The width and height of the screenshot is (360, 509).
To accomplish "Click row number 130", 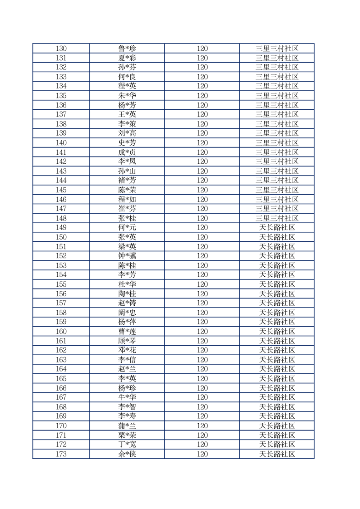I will click(61, 49).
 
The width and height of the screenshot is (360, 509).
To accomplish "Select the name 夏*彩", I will click(127, 58).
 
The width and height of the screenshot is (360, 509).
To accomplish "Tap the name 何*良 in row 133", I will click(127, 77).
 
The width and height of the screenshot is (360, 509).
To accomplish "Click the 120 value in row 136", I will click(202, 105).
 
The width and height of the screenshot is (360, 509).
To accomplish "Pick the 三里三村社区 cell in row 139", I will click(277, 133).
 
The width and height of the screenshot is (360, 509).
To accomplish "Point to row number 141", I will click(61, 152).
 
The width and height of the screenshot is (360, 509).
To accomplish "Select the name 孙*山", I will click(127, 171).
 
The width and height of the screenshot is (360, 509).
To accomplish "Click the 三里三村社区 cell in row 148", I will click(277, 218).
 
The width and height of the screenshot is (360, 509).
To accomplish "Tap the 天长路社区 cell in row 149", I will click(277, 228).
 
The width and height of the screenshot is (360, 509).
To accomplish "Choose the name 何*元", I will click(127, 228).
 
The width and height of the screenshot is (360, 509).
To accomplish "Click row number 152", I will click(61, 256).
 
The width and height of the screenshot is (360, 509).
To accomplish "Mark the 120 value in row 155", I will click(202, 284).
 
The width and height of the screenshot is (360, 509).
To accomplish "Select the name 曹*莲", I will click(127, 331).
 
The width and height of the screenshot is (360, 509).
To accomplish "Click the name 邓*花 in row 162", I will click(127, 350).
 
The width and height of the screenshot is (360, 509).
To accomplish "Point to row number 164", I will click(61, 369).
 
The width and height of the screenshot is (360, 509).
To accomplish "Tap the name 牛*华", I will click(127, 397).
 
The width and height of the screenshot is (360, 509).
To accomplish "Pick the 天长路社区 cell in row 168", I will click(277, 407).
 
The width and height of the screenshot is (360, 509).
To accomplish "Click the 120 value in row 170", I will click(202, 426).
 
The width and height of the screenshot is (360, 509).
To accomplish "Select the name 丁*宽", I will click(127, 445).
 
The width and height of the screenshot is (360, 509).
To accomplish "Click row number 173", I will click(61, 454).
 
